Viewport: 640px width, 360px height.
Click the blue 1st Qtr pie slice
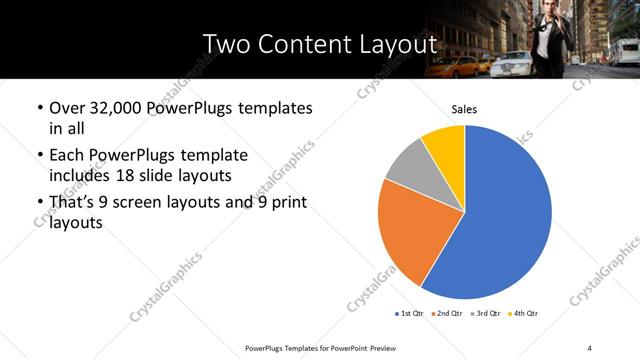[x=505, y=215]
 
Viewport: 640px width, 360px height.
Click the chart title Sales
[x=464, y=108]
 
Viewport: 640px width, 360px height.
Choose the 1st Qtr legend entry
[x=411, y=314]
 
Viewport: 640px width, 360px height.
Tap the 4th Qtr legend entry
[x=525, y=314]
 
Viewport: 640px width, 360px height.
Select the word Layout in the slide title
[x=401, y=45]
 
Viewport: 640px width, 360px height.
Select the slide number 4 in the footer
[x=590, y=347]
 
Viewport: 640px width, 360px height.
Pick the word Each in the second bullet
[x=68, y=156]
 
